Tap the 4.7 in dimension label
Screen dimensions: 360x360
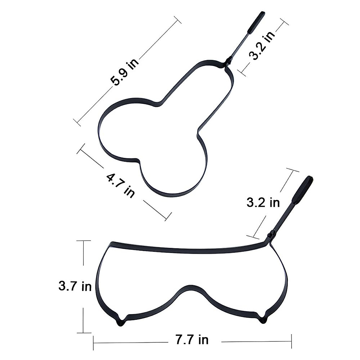coord(121,186)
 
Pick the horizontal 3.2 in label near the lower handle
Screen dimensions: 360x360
coord(263,202)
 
